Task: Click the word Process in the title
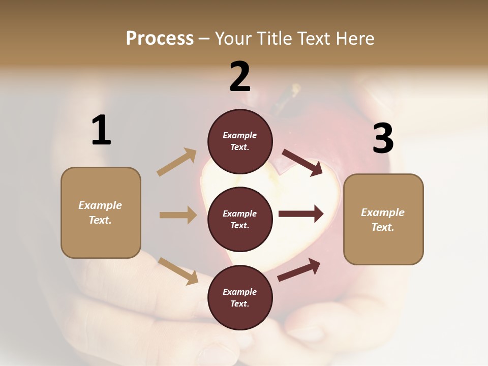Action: click(160, 39)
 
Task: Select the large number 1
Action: click(101, 131)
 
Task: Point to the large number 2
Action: click(240, 77)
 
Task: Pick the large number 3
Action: click(383, 139)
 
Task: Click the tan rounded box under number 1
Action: click(101, 212)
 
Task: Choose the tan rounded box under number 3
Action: click(383, 220)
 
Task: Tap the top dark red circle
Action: click(240, 141)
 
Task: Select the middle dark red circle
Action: click(240, 220)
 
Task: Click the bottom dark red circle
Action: click(240, 298)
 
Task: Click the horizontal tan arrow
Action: click(178, 215)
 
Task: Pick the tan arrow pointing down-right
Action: click(178, 270)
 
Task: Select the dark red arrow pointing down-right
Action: click(302, 162)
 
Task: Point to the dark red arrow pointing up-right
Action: click(299, 270)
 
